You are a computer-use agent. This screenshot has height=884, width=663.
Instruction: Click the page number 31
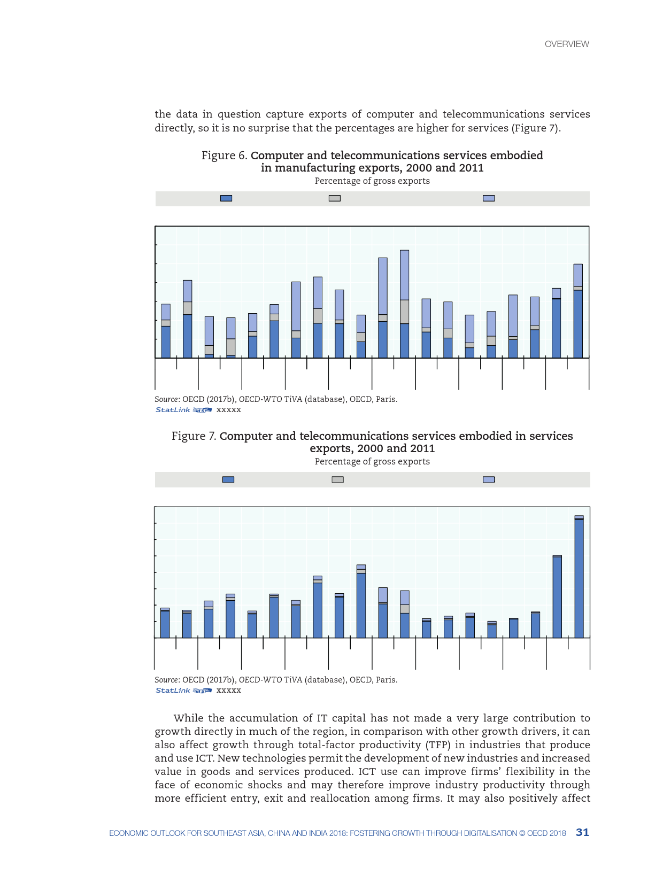(582, 832)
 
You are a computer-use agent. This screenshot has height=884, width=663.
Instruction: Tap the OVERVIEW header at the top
(567, 44)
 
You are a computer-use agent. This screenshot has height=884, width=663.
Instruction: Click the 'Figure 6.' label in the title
(225, 156)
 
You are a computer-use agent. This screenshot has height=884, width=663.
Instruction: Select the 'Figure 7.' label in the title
(194, 436)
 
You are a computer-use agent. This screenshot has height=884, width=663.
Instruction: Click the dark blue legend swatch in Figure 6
(226, 198)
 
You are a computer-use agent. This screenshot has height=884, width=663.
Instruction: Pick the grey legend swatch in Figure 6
(335, 198)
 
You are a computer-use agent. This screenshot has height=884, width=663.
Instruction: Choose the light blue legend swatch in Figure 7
(489, 479)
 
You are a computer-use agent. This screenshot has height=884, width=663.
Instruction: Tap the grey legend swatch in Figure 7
(337, 479)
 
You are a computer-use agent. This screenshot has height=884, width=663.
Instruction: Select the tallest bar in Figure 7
(579, 577)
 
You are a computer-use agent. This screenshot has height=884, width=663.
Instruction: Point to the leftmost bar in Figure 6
(166, 331)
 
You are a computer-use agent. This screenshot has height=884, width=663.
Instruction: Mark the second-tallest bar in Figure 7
(557, 596)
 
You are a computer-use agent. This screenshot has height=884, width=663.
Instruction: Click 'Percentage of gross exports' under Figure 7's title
(372, 461)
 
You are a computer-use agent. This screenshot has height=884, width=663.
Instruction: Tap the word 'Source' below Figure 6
(166, 399)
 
